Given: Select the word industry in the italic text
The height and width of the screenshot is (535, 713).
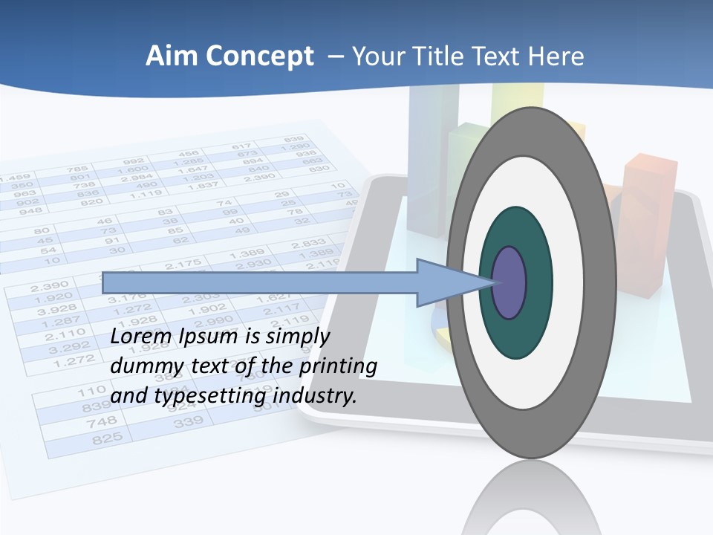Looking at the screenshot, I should click(x=313, y=396).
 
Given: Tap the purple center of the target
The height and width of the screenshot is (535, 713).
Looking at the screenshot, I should click(x=509, y=283).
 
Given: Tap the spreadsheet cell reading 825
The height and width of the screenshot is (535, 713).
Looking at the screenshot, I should click(x=107, y=439).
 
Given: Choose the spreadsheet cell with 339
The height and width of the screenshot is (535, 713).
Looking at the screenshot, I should click(x=188, y=423).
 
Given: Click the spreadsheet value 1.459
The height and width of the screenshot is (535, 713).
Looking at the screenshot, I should click(x=15, y=179).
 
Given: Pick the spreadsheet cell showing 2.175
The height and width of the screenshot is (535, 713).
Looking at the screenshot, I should click(x=183, y=265).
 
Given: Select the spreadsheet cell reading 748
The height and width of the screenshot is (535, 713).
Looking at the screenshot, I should click(x=102, y=422).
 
